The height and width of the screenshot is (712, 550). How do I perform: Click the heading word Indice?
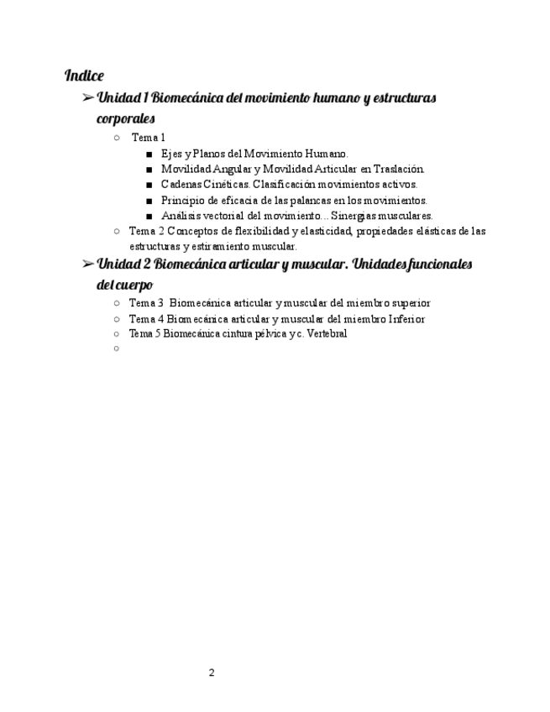(x=84, y=76)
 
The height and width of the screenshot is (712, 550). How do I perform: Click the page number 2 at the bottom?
(x=212, y=673)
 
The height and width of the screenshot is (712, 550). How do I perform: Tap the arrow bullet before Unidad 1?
(x=87, y=98)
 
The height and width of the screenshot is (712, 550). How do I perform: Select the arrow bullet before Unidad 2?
(x=87, y=264)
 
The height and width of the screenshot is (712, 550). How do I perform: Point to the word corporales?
(x=126, y=118)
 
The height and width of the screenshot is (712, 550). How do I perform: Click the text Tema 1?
(x=149, y=138)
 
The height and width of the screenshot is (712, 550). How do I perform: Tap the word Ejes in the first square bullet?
(x=170, y=154)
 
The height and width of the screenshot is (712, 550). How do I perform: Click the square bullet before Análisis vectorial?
(x=149, y=216)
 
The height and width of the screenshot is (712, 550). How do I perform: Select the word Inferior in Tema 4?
(x=405, y=319)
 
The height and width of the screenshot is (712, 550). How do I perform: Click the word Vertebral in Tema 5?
(x=327, y=333)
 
